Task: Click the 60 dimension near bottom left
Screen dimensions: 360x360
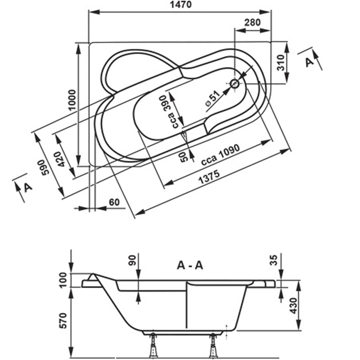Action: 114,202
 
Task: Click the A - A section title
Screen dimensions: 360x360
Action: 189,265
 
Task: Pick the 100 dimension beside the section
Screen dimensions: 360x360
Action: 63,279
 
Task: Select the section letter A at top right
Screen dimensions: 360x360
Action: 309,62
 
